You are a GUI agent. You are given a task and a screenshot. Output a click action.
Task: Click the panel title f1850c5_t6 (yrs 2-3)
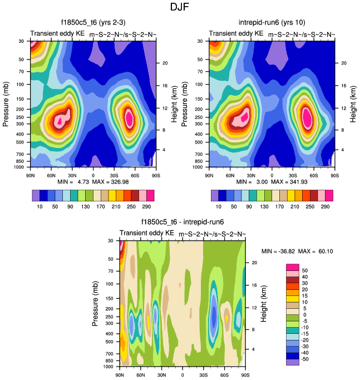click(92, 23)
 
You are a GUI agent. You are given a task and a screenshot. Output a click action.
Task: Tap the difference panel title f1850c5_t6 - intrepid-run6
click(182, 223)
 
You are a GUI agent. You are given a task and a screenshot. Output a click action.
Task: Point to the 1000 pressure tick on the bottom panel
click(107, 367)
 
